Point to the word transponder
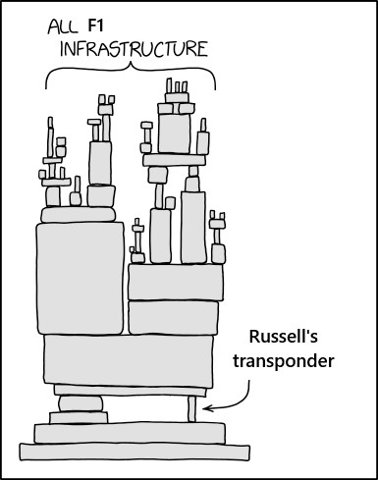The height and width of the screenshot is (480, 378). (284, 360)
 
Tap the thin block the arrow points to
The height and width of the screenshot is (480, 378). (192, 406)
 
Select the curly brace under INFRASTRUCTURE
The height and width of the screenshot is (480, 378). (131, 77)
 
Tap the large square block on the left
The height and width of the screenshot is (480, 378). (80, 279)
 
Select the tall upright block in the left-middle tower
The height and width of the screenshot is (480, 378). (101, 162)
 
